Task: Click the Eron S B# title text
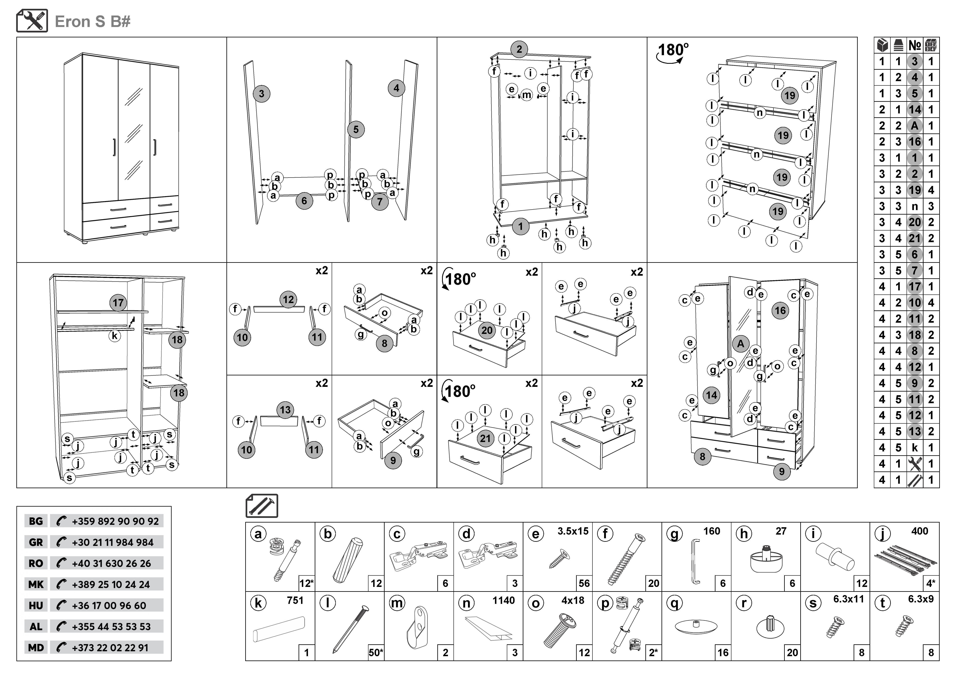pos(92,22)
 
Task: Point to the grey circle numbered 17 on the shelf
pos(118,303)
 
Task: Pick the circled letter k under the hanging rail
pos(114,336)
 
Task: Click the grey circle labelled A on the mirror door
pos(740,344)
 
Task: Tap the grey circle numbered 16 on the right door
pos(780,311)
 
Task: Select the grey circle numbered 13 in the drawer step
pos(285,410)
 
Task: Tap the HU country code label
pos(36,606)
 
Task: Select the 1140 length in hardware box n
pos(503,600)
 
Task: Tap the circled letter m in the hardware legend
pos(397,603)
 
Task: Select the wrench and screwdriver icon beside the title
pos(32,21)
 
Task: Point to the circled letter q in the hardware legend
pos(675,603)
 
